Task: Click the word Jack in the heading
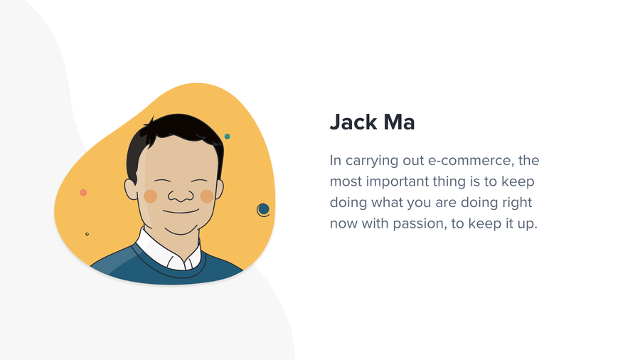353,122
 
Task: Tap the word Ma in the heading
399,122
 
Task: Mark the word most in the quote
346,181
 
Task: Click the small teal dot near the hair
228,137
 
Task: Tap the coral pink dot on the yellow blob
83,192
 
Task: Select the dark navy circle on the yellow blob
264,209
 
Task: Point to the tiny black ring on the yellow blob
87,234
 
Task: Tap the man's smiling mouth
181,211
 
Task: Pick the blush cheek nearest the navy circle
207,196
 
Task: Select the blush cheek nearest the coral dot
151,196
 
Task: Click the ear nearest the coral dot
131,189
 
